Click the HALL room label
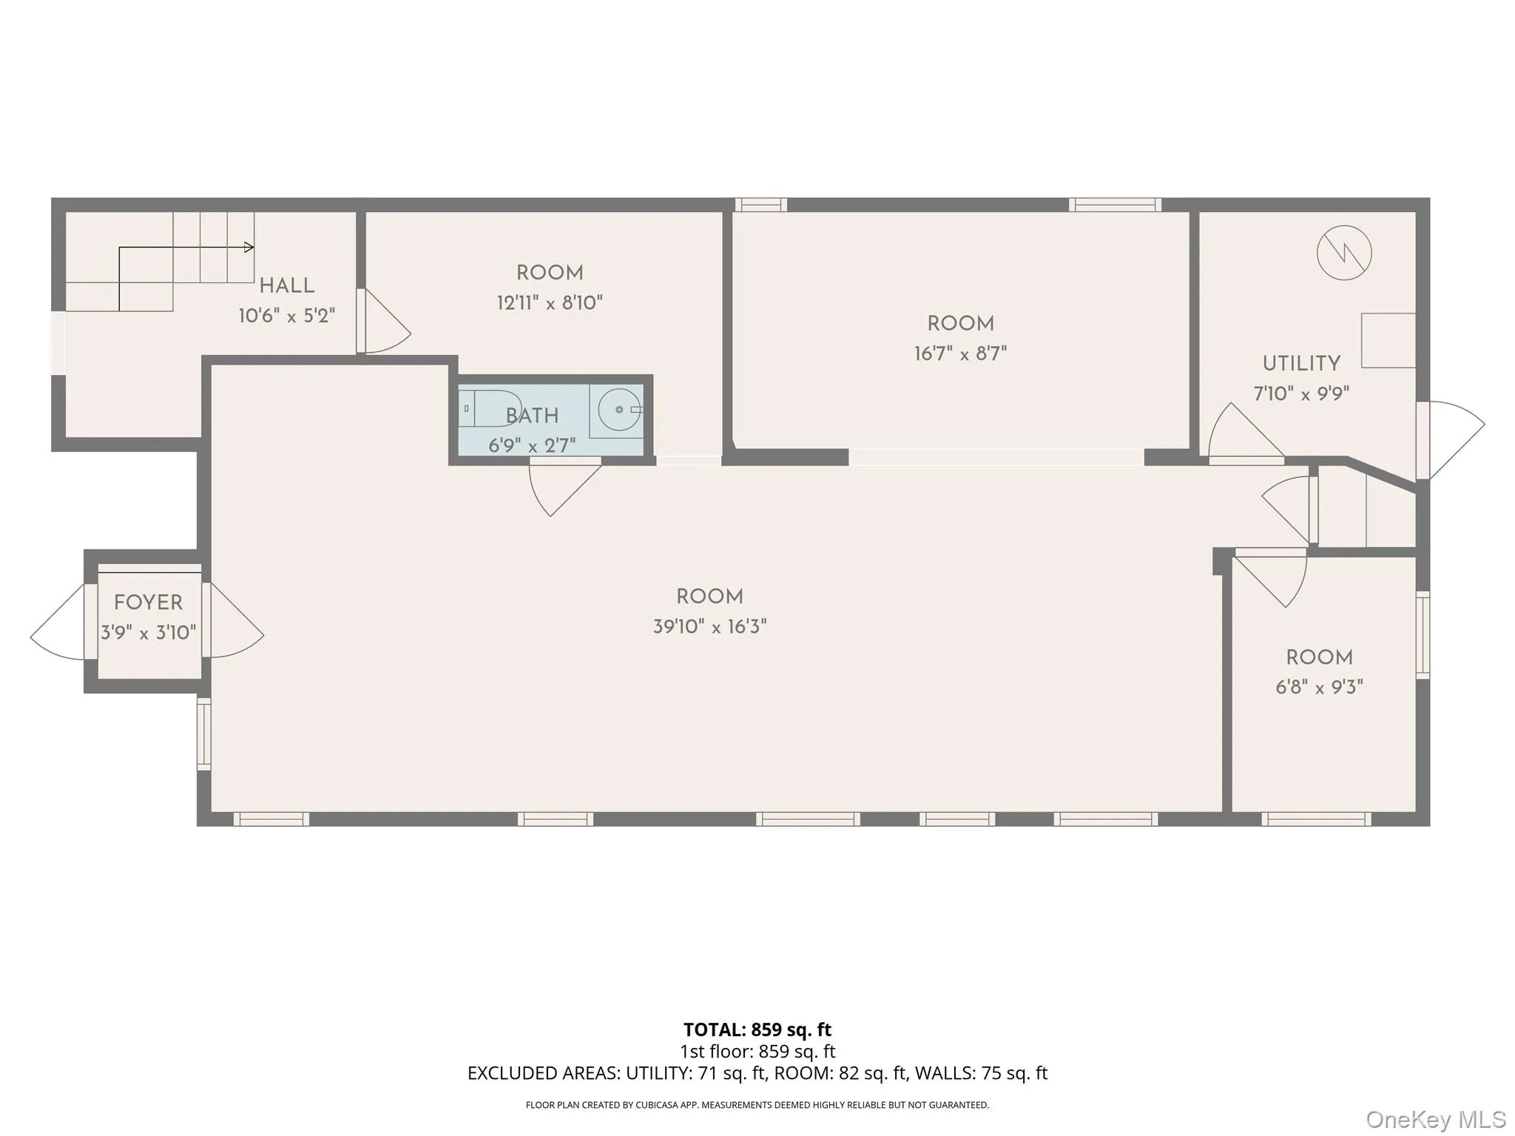coord(286,285)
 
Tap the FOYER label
coord(148,603)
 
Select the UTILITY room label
coord(1300,364)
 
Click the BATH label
coord(532,416)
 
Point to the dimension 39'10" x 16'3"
coord(709,627)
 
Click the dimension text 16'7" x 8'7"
coord(960,354)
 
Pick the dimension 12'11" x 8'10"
coord(550,303)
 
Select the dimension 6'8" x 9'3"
coord(1319,687)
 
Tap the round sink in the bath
coord(619,409)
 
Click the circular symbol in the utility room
coord(1344,253)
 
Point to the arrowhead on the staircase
coord(249,248)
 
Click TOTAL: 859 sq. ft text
coord(757,1029)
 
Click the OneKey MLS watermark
coord(1435,1119)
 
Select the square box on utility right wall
coord(1388,340)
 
